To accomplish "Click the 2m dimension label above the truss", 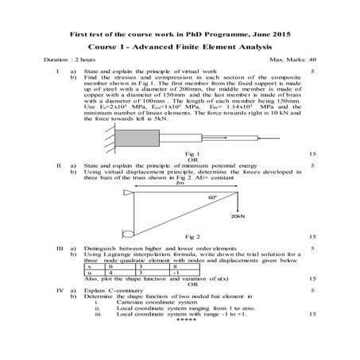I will pos(180,183).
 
